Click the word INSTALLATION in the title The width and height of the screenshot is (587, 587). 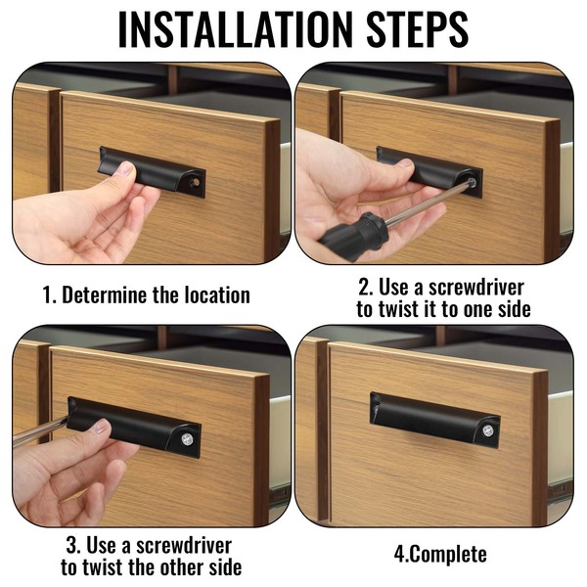pyautogui.click(x=236, y=29)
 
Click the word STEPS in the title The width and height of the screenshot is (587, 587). pyautogui.click(x=418, y=29)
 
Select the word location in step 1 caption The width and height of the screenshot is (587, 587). pyautogui.click(x=217, y=295)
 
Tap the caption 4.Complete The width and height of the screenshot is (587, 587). pyautogui.click(x=440, y=554)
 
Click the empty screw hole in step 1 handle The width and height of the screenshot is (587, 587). pyautogui.click(x=196, y=182)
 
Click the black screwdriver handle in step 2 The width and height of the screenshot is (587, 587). pyautogui.click(x=352, y=232)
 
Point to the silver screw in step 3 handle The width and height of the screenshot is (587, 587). pyautogui.click(x=187, y=438)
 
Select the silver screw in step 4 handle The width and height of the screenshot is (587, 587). pyautogui.click(x=487, y=430)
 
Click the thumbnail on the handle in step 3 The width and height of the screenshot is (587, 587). pyautogui.click(x=101, y=427)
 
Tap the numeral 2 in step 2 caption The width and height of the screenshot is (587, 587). pyautogui.click(x=364, y=288)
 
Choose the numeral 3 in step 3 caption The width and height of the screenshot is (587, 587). pyautogui.click(x=72, y=546)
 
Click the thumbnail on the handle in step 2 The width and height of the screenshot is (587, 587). pyautogui.click(x=405, y=163)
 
